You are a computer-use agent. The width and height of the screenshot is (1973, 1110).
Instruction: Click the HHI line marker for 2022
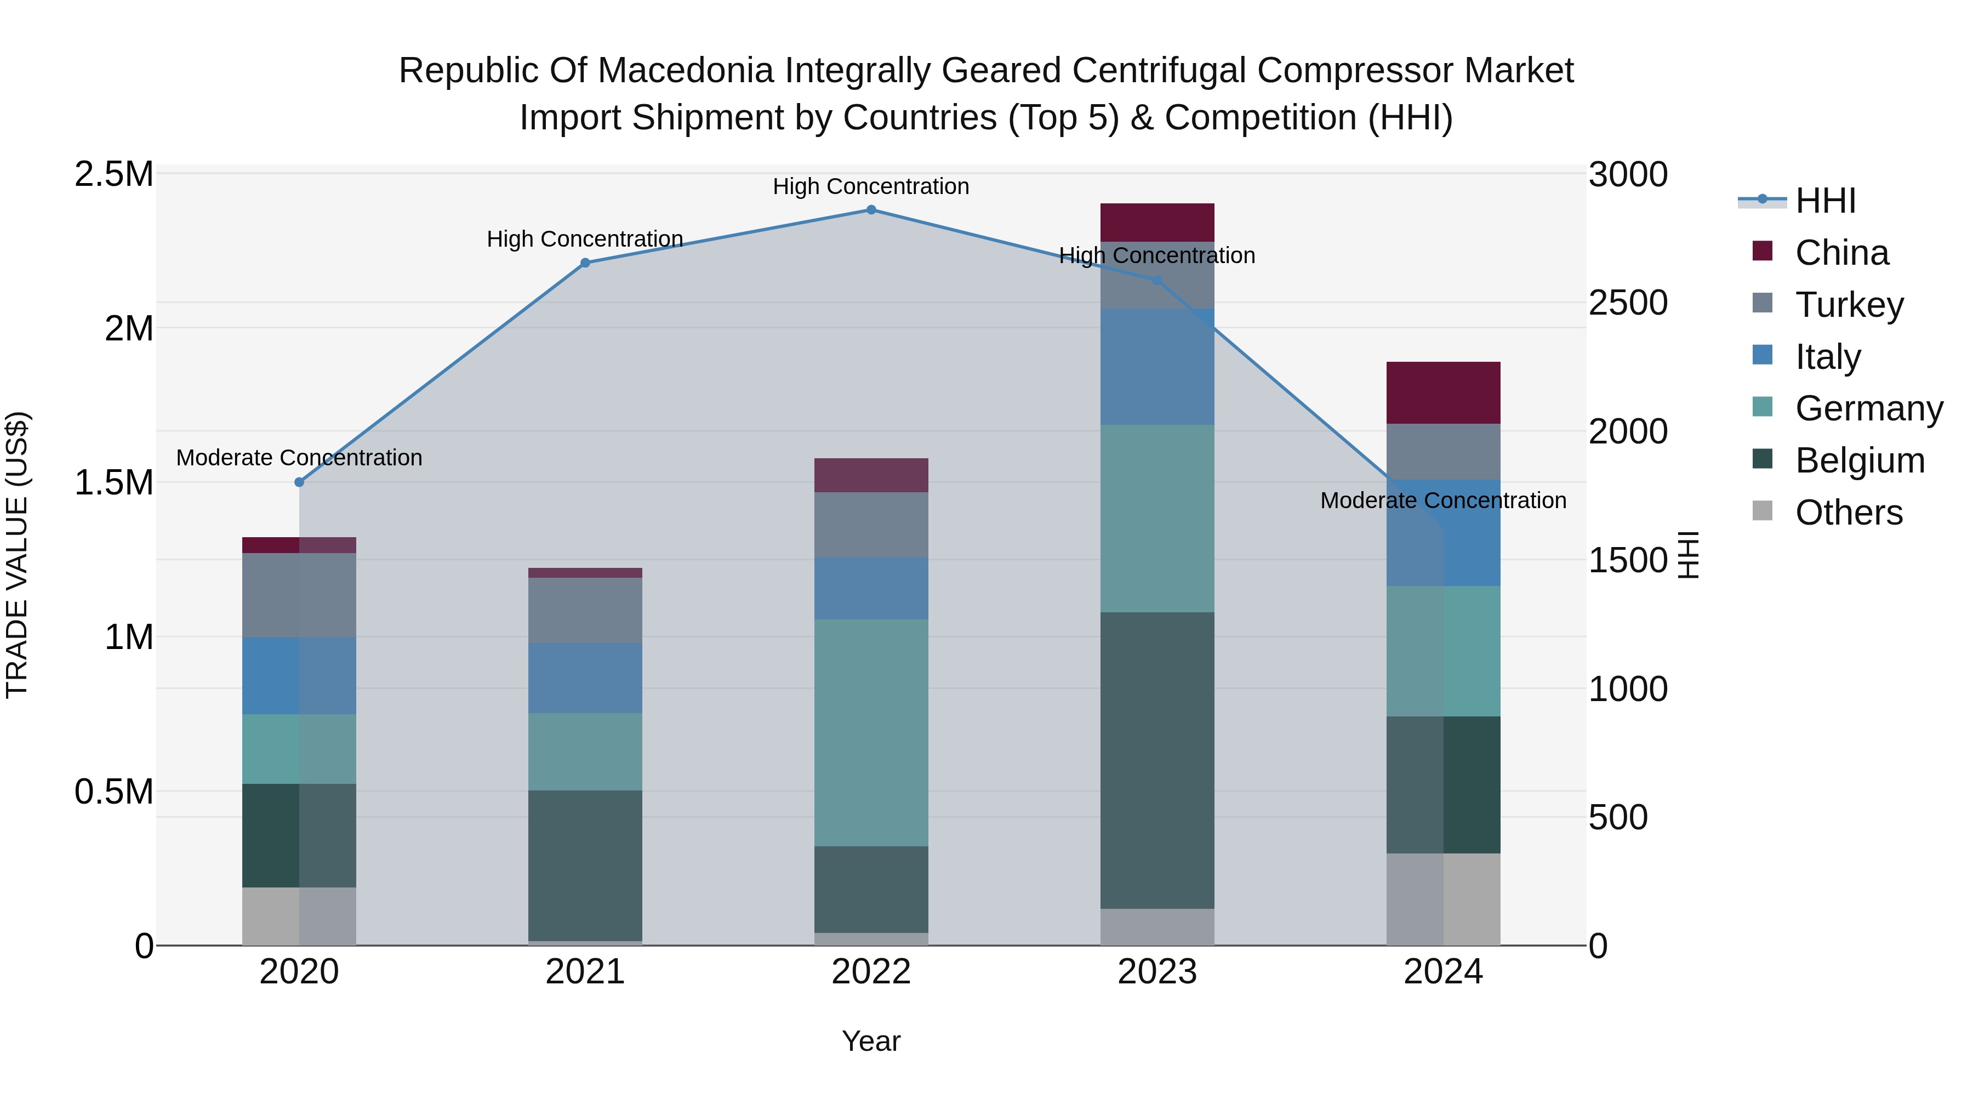[x=871, y=210]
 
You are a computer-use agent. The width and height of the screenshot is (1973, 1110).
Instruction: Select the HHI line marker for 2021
[x=585, y=263]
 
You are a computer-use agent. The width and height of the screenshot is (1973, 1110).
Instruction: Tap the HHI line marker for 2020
[x=299, y=482]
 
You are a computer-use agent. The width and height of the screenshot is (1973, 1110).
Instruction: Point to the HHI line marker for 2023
[x=1157, y=280]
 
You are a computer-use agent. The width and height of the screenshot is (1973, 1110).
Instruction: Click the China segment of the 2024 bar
[x=1443, y=392]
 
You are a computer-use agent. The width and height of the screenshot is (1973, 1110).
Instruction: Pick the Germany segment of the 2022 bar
[x=871, y=732]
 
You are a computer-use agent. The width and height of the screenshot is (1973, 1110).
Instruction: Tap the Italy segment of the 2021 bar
[x=585, y=678]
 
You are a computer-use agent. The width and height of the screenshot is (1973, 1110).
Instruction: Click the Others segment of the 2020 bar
[x=299, y=916]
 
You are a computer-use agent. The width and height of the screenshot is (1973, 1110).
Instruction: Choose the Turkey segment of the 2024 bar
[x=1443, y=452]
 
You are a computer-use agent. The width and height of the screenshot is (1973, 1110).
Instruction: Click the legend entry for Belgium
[x=1859, y=461]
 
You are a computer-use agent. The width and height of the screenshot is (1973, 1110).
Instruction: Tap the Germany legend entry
[x=1868, y=409]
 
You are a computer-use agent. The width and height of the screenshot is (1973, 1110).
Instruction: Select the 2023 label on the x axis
[x=1157, y=972]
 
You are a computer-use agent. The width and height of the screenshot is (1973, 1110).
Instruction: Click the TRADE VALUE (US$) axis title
[x=17, y=555]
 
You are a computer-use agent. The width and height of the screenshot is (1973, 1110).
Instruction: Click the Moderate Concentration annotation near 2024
[x=1443, y=500]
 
